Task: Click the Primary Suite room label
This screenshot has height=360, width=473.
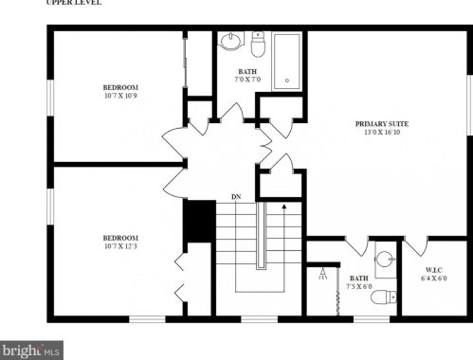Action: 382,124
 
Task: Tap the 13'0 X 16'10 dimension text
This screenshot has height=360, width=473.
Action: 382,133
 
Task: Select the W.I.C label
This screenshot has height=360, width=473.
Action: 434,270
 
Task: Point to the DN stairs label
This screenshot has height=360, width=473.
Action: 236,197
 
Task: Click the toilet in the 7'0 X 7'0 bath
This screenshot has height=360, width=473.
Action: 258,45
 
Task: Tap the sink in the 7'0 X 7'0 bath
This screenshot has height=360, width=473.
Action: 231,41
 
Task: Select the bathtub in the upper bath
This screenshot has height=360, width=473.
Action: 287,62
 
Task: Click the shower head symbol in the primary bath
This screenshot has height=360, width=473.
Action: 322,274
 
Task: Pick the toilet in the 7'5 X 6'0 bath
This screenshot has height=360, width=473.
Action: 384,297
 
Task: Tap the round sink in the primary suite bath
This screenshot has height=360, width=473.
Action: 386,260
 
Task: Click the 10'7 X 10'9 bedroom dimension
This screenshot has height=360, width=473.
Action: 120,96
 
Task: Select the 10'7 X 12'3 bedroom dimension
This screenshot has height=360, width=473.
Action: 120,246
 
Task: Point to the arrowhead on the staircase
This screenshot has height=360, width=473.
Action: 284,207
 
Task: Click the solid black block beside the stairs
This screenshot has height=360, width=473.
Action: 200,221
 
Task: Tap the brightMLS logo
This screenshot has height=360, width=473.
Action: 31,351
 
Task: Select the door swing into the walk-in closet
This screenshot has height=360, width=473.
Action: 416,246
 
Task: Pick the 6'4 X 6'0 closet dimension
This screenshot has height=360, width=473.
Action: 434,279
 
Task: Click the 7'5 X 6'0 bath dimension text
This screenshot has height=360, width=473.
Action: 359,287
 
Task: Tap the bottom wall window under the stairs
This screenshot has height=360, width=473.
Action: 260,319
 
